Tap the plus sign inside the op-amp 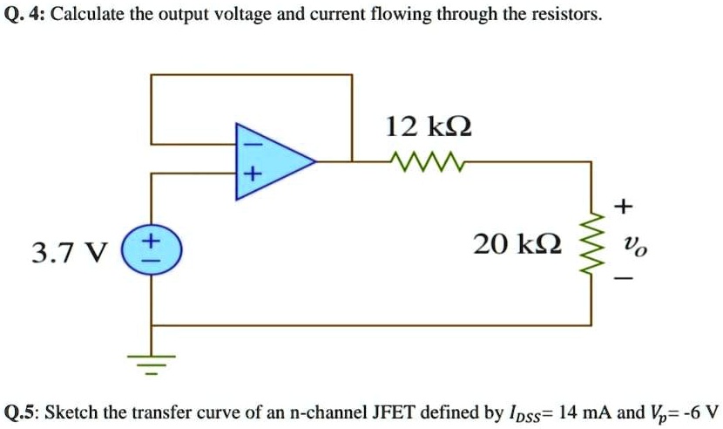click(x=251, y=177)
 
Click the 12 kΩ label click(x=429, y=126)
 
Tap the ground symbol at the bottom click(x=152, y=362)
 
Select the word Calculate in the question click(x=91, y=17)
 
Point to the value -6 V click(x=698, y=411)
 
